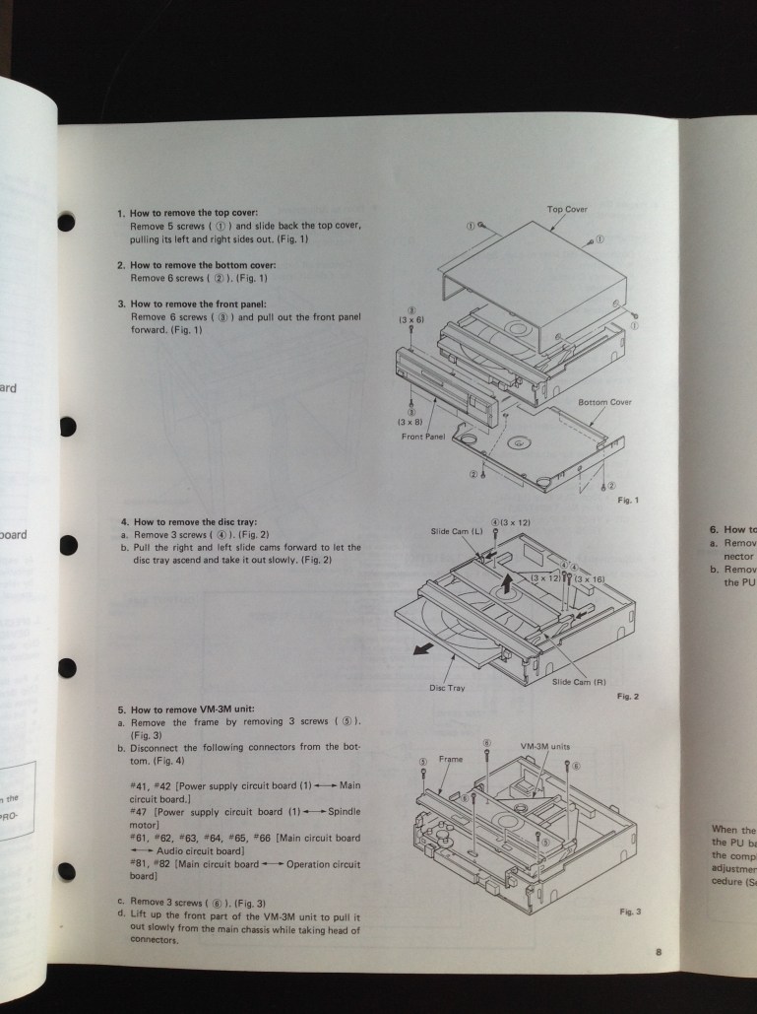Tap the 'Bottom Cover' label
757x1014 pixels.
604,402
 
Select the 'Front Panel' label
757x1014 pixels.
424,437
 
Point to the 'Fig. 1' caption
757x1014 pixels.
628,501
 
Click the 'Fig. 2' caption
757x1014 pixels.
628,697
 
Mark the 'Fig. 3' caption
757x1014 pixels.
630,912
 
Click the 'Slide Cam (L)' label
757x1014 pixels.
457,531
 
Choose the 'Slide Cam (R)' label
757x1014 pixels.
578,681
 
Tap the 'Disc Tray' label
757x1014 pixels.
447,688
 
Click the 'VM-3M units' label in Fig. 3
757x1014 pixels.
545,746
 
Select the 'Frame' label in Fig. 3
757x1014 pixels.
450,760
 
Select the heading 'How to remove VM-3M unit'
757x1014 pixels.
190,710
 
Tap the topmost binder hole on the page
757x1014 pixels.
66,222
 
